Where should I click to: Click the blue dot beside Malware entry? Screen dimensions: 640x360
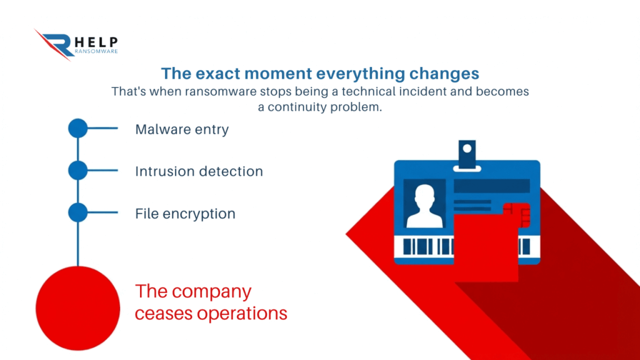tap(77, 128)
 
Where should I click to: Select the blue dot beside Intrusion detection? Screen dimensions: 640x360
tap(77, 170)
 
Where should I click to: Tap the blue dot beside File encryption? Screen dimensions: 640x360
tap(77, 212)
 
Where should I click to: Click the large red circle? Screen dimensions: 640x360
tap(77, 308)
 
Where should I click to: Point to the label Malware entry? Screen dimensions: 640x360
tap(182, 129)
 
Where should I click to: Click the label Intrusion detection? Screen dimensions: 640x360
tap(199, 171)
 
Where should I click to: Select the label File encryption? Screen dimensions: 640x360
tap(185, 214)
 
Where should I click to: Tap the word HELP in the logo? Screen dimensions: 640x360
tap(97, 42)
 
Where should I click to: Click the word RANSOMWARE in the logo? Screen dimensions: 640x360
tap(96, 51)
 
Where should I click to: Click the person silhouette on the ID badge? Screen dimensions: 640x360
tap(424, 206)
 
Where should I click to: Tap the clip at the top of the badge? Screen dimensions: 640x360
tap(467, 156)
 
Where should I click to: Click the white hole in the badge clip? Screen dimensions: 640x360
tap(467, 149)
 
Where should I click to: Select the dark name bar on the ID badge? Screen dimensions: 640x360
tap(492, 186)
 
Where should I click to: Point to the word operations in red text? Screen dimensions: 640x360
tap(242, 314)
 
